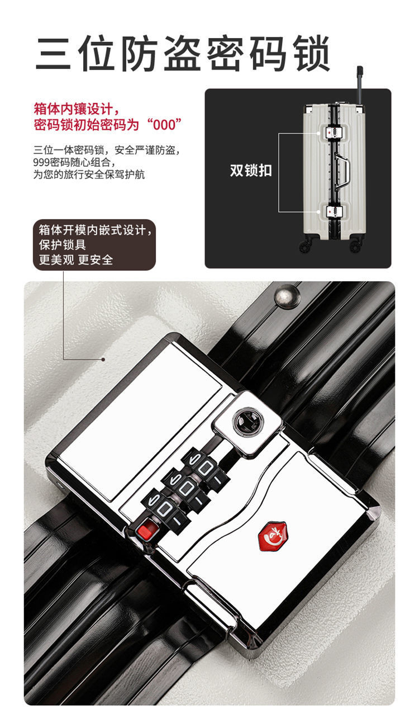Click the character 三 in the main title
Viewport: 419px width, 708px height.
tap(53, 53)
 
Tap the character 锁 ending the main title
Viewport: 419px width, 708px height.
tap(312, 53)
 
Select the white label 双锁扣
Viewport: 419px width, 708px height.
tap(251, 171)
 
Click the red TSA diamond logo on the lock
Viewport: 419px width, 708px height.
tap(273, 536)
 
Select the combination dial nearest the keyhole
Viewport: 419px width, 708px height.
tap(204, 467)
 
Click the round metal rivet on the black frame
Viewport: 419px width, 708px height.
tap(287, 295)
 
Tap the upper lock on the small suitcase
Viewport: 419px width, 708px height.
tap(334, 133)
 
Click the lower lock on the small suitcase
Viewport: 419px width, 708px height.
tap(334, 211)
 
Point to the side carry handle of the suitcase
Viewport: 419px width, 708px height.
tap(342, 172)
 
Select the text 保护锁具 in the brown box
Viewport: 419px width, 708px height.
tap(62, 245)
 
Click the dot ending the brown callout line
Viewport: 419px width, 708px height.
tap(103, 360)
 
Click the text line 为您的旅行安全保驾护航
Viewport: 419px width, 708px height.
tap(89, 174)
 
